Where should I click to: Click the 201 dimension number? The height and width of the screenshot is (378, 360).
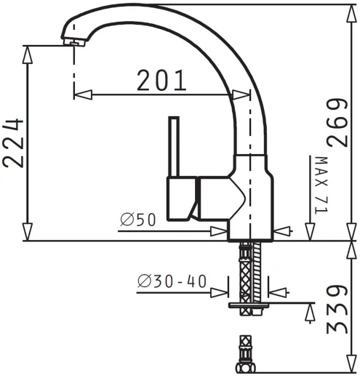tap(161, 80)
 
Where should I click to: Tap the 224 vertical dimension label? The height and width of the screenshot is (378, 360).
tap(13, 143)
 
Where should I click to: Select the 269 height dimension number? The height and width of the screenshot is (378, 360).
tap(337, 123)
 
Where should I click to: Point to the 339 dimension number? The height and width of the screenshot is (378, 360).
tap(337, 310)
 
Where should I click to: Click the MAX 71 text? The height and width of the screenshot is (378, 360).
tap(321, 185)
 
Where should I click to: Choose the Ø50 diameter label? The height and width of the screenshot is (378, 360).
tap(137, 220)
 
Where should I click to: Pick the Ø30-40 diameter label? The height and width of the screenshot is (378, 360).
tap(172, 281)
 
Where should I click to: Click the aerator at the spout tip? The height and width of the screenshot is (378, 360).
tap(74, 42)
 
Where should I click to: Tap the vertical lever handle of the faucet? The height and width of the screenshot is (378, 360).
tap(174, 147)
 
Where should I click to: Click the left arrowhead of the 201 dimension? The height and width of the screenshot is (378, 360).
tap(83, 94)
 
